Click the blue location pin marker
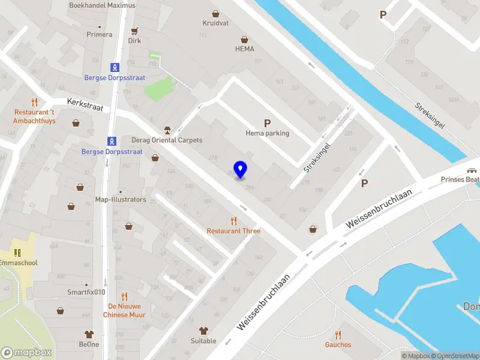(241, 170)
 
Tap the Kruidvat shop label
(215, 23)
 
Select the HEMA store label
(244, 49)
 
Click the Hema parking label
(267, 133)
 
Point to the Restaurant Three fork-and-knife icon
(233, 221)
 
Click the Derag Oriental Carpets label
(167, 140)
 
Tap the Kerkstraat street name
(86, 104)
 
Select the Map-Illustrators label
(121, 199)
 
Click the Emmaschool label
(18, 263)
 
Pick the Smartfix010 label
(87, 293)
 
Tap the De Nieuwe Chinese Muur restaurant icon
(124, 296)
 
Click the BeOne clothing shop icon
(89, 334)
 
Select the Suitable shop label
(203, 341)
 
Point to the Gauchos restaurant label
(338, 344)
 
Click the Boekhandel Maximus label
(102, 5)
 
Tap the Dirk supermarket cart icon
(134, 31)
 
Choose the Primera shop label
(100, 34)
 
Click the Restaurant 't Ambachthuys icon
(34, 103)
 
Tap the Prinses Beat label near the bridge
(460, 179)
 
